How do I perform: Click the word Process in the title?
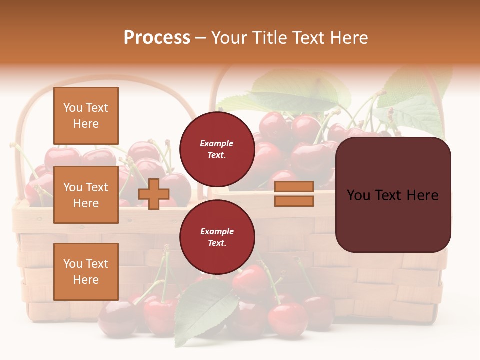tap(157, 38)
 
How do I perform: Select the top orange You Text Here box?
tap(86, 116)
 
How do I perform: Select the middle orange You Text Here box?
tap(86, 195)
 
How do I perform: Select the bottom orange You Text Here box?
tap(86, 271)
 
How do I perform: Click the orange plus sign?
tap(154, 194)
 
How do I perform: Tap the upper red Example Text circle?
tap(217, 149)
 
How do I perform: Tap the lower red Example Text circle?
tap(217, 237)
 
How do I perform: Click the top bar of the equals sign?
tap(294, 187)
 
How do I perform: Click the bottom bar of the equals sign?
tap(294, 201)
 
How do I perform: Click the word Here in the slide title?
tap(350, 38)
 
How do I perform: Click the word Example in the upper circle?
tap(216, 143)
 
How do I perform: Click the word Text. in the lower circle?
tap(217, 243)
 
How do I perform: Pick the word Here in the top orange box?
tap(86, 124)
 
